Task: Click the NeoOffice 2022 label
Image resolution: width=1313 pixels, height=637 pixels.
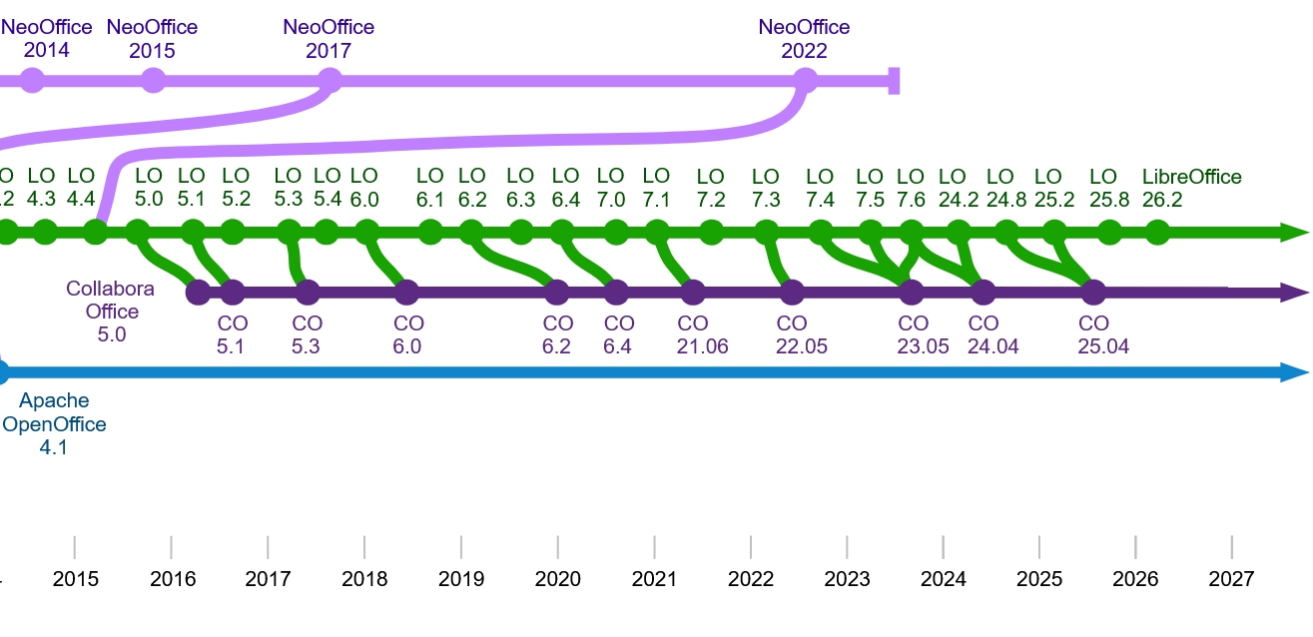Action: (804, 39)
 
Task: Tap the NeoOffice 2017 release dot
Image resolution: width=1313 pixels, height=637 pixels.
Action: (329, 80)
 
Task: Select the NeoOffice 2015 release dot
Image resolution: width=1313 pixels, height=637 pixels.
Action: (153, 80)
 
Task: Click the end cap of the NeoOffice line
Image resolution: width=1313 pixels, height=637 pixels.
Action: (894, 81)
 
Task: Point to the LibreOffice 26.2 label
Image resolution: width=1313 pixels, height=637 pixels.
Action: (1191, 188)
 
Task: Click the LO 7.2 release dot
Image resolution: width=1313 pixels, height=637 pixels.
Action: (711, 233)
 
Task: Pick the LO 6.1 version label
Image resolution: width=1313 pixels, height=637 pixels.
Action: (429, 188)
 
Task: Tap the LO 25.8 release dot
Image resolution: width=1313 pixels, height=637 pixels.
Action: (1109, 233)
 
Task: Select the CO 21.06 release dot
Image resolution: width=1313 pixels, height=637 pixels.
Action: (693, 293)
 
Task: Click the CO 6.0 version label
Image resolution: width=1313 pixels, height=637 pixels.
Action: (408, 334)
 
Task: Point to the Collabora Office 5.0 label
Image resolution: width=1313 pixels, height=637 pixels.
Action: (110, 312)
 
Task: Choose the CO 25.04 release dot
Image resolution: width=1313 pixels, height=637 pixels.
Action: (1093, 293)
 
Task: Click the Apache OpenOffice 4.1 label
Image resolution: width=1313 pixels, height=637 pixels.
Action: (54, 423)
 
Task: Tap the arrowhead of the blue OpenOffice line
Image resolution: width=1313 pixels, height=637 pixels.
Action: (1294, 372)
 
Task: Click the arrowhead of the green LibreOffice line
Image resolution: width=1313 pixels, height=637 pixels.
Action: (1294, 233)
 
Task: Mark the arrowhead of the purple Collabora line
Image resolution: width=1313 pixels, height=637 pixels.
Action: (1294, 293)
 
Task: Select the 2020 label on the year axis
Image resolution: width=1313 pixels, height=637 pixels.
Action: (557, 579)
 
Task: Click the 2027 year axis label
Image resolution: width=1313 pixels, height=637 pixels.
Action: (1231, 579)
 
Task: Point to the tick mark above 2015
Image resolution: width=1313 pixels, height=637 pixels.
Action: (75, 547)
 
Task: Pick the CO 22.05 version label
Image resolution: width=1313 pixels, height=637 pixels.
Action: (802, 334)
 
